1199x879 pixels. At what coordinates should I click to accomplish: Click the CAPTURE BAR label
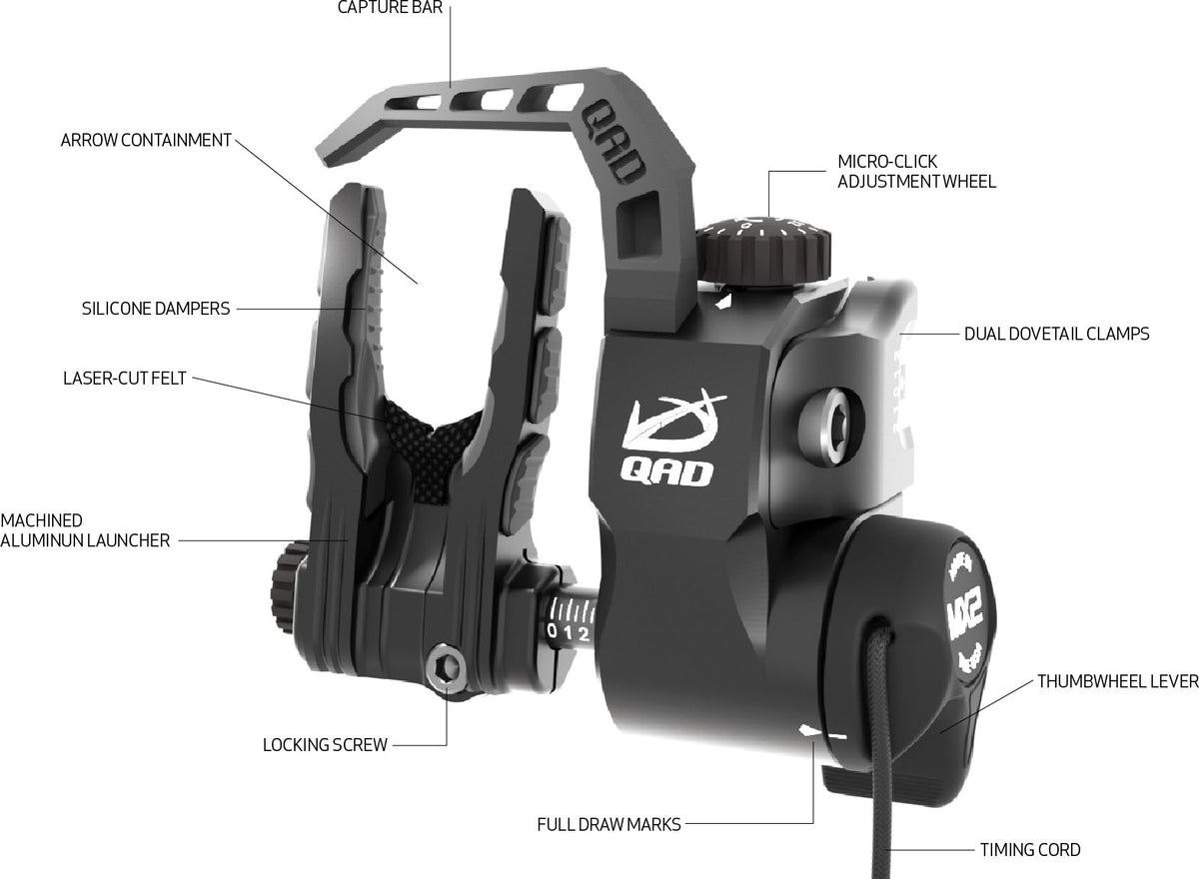click(391, 7)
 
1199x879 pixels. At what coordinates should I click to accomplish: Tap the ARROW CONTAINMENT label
click(146, 140)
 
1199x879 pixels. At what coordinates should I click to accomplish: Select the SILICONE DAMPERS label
click(156, 309)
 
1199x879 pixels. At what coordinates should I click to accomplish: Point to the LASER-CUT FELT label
click(125, 379)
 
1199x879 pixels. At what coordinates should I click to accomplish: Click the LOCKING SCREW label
click(325, 745)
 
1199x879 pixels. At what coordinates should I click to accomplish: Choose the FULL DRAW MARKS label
click(609, 824)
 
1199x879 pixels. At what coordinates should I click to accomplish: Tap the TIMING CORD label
click(1030, 850)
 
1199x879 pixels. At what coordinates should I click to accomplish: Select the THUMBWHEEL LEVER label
click(1118, 681)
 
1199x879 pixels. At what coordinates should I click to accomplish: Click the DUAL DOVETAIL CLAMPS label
click(1057, 334)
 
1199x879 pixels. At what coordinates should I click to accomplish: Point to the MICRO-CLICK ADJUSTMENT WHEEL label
click(917, 172)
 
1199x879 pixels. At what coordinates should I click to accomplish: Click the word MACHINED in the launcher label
click(42, 520)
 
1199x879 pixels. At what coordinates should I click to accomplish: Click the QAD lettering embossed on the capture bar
click(613, 148)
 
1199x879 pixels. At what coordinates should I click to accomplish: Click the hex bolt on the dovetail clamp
click(829, 426)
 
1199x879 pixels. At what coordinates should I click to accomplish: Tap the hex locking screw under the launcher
click(446, 668)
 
